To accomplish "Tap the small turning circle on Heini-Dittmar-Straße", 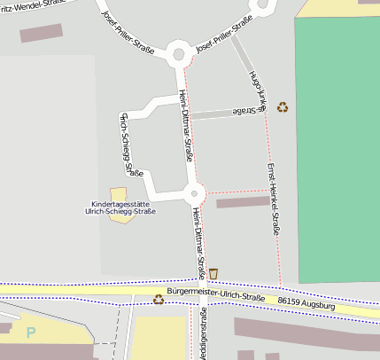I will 196,192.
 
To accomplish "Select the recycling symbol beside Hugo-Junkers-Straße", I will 283,107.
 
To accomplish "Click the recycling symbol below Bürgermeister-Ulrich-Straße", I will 159,299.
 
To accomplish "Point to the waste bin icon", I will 213,273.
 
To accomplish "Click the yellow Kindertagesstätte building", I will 119,194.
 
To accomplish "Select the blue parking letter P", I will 32,333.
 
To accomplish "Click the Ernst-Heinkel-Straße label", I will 274,200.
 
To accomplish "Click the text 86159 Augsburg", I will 306,303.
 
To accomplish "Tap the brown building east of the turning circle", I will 242,202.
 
